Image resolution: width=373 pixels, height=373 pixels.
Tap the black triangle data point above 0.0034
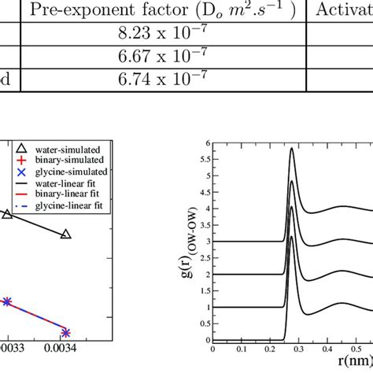tap(65, 235)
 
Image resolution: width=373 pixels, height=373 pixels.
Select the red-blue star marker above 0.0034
tap(65, 332)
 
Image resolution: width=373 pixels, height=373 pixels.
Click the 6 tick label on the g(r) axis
tap(207, 143)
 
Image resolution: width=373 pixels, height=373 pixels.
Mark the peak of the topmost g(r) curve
tap(292, 148)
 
